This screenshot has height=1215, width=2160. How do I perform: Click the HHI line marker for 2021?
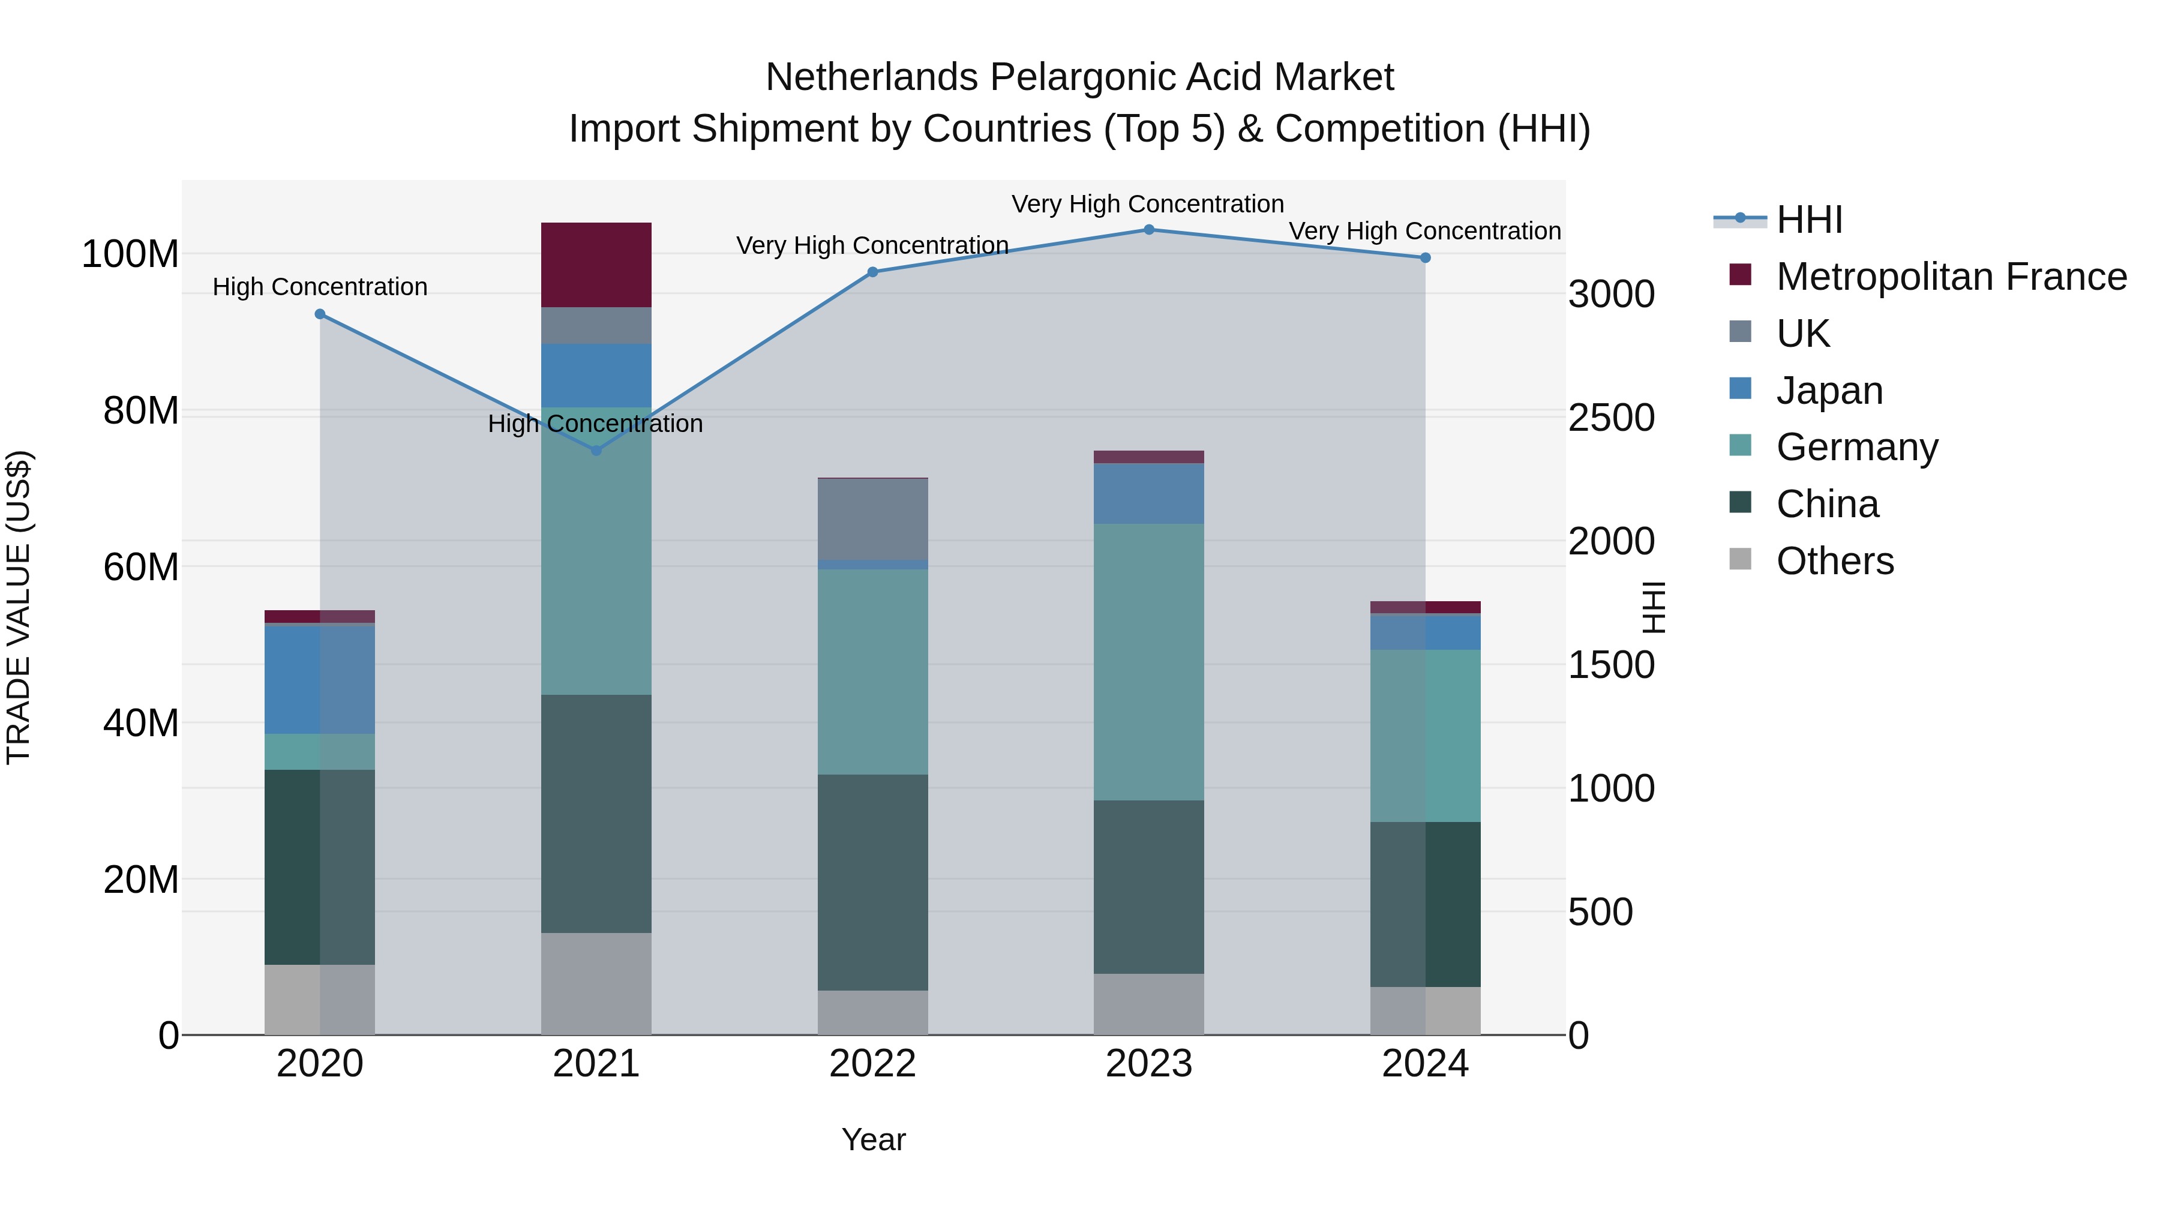(x=596, y=450)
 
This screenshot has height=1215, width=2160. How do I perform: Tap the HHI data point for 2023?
(x=1149, y=230)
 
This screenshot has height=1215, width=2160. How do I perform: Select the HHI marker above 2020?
(x=319, y=314)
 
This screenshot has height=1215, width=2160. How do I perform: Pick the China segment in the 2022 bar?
(x=872, y=882)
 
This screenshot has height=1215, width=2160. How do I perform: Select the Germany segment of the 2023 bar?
(x=1149, y=662)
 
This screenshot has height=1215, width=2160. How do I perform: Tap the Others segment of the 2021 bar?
(x=596, y=983)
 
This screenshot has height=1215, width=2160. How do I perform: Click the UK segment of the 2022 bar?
(x=872, y=519)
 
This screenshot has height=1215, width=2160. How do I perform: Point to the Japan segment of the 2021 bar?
(x=596, y=376)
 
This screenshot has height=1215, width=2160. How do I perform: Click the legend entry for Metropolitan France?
(x=1951, y=277)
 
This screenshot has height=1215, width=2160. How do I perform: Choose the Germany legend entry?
(x=1856, y=447)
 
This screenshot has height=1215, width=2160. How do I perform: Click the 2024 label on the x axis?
(x=1424, y=1064)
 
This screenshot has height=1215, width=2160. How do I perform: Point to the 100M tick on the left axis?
(x=130, y=254)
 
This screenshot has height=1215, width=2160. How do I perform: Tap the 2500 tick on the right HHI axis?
(x=1611, y=418)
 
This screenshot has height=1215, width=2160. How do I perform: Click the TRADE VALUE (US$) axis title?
(x=19, y=607)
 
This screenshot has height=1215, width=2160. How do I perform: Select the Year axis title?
(x=873, y=1139)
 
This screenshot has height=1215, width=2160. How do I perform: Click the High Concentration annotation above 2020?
(x=319, y=287)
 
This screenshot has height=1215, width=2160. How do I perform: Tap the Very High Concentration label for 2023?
(x=1147, y=204)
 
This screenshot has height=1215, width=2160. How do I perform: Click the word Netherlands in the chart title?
(x=871, y=77)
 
